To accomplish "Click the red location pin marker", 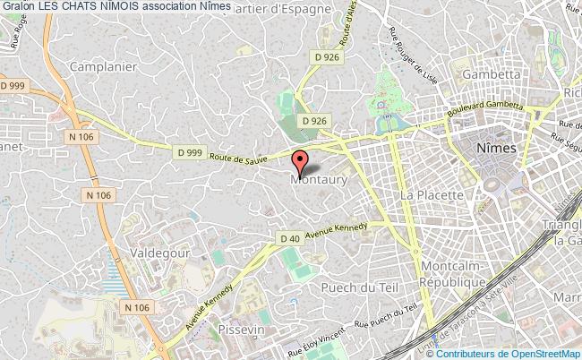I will click(299, 162).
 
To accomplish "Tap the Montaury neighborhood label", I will click(318, 179).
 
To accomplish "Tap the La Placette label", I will click(431, 194).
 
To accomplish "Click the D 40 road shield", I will click(289, 239).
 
